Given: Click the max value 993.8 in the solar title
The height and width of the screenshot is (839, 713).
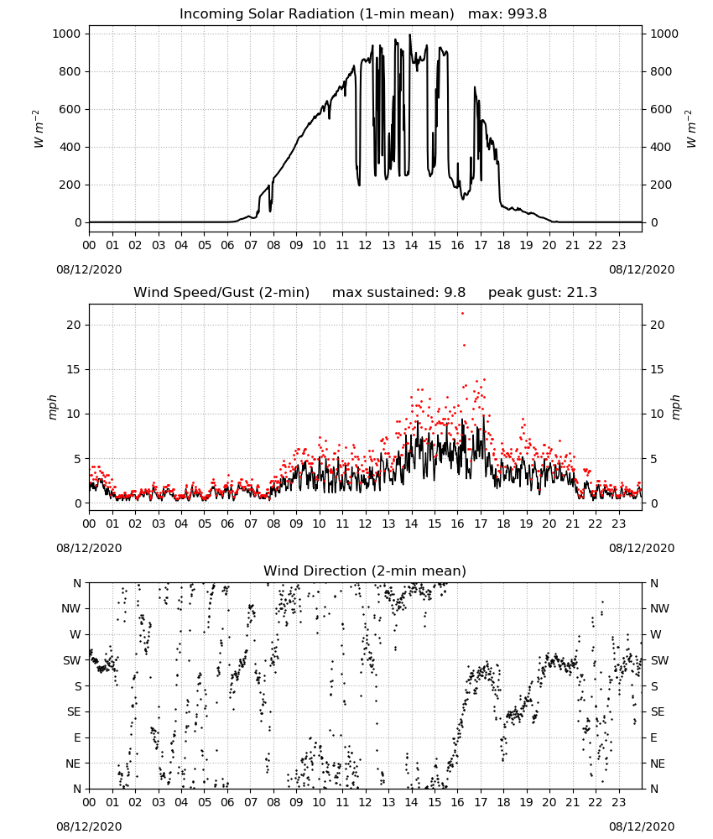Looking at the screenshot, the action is click(x=526, y=14).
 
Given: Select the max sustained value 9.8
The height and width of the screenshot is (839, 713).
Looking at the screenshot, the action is click(x=455, y=293).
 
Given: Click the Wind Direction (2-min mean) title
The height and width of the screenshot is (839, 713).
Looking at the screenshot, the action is click(x=365, y=571).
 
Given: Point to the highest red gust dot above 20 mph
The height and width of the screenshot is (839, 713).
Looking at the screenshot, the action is click(x=463, y=313).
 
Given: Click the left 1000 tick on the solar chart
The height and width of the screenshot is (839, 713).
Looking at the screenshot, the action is click(x=66, y=34).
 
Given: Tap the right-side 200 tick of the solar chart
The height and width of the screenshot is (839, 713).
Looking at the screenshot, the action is click(x=661, y=185).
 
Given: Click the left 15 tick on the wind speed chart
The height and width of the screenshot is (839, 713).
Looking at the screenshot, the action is click(x=74, y=369).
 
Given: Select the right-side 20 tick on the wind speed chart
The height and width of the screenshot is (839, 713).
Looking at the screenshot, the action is click(x=657, y=325).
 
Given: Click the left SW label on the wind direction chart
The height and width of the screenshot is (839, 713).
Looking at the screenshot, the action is click(x=72, y=660).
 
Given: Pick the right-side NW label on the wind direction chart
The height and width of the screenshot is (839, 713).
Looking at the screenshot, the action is click(x=659, y=608).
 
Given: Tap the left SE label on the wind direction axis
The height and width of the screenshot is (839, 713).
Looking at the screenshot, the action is click(x=74, y=711).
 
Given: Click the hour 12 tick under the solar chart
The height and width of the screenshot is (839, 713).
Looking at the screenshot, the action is click(x=366, y=245).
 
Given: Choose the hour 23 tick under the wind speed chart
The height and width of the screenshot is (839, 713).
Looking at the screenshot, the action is click(x=619, y=524).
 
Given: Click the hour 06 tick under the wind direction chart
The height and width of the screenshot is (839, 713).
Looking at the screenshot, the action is click(x=227, y=802).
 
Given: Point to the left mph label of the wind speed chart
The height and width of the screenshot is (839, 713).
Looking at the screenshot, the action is click(x=52, y=407).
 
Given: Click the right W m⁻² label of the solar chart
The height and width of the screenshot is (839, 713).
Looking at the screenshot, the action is click(x=690, y=129).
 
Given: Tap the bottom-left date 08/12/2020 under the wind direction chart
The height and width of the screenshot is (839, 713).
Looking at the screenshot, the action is click(x=89, y=826).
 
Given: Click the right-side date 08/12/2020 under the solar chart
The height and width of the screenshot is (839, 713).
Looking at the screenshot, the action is click(x=642, y=269).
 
